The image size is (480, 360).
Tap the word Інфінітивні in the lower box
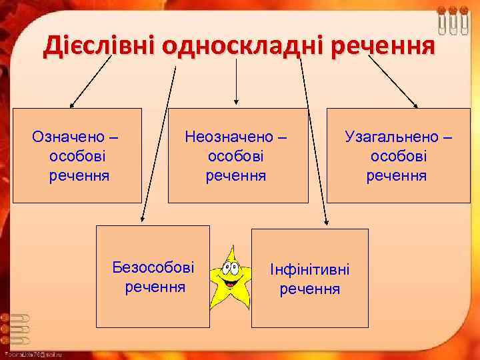click(309, 270)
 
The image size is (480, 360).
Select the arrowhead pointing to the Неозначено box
click(237, 103)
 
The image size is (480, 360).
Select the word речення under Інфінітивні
click(309, 289)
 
